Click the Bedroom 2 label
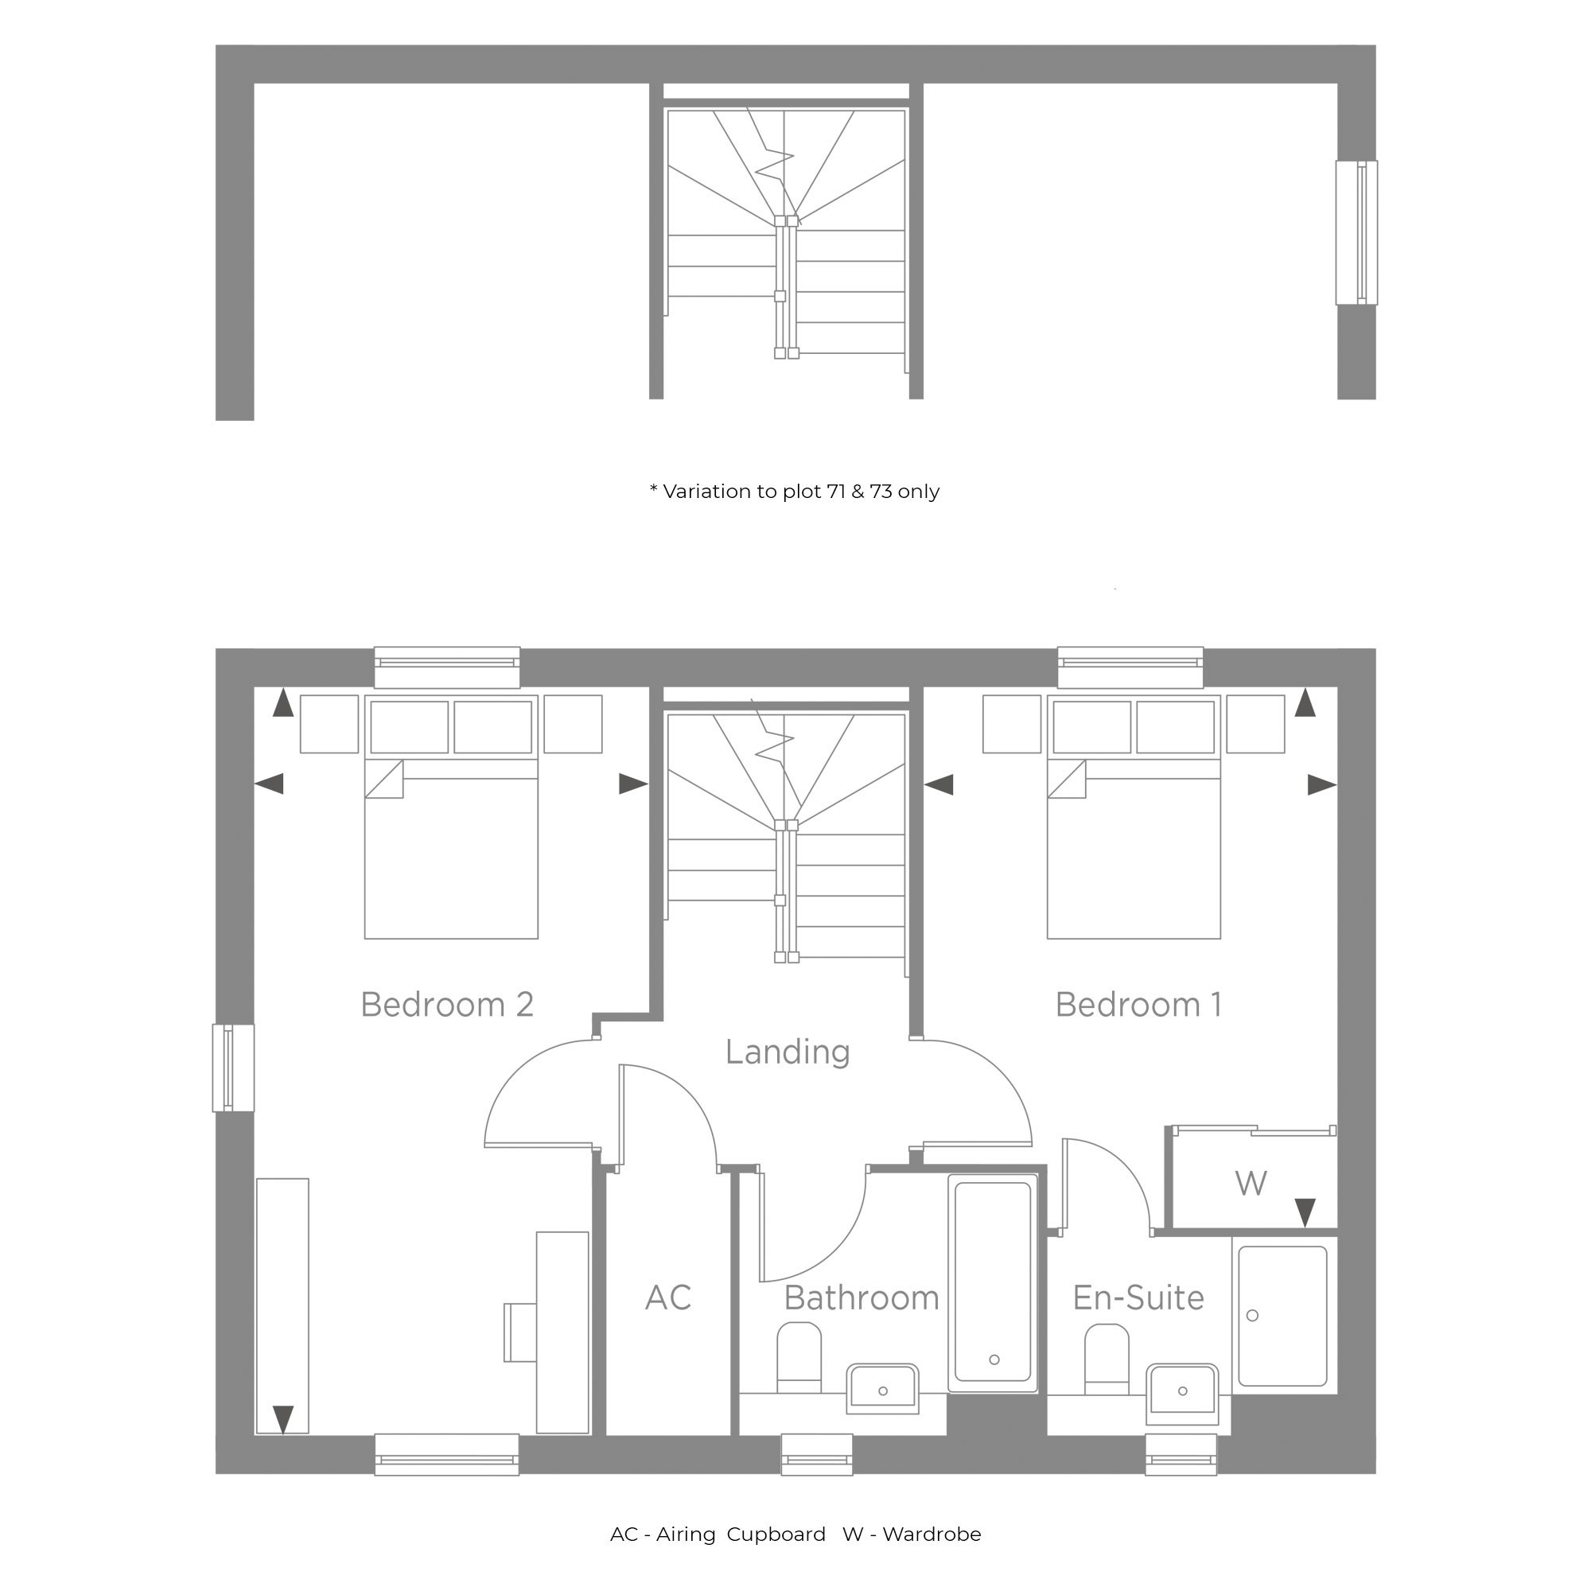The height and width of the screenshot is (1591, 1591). (x=447, y=1005)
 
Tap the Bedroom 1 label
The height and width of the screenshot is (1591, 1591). (x=1139, y=1005)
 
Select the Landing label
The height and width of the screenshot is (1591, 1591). (x=788, y=1052)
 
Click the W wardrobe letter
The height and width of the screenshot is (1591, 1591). (x=1251, y=1184)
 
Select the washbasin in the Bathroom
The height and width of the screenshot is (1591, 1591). (x=883, y=1388)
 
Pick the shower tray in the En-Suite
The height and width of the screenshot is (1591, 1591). (x=1283, y=1316)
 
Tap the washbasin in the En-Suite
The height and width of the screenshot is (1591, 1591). (x=1183, y=1391)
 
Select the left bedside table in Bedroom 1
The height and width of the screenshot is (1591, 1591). (x=1012, y=724)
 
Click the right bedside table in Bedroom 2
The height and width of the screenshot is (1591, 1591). (x=573, y=724)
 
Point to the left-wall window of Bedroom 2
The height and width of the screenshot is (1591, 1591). (x=234, y=1068)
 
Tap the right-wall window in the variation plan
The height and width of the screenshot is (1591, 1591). (x=1356, y=232)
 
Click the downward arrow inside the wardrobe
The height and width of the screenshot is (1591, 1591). (x=1305, y=1213)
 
